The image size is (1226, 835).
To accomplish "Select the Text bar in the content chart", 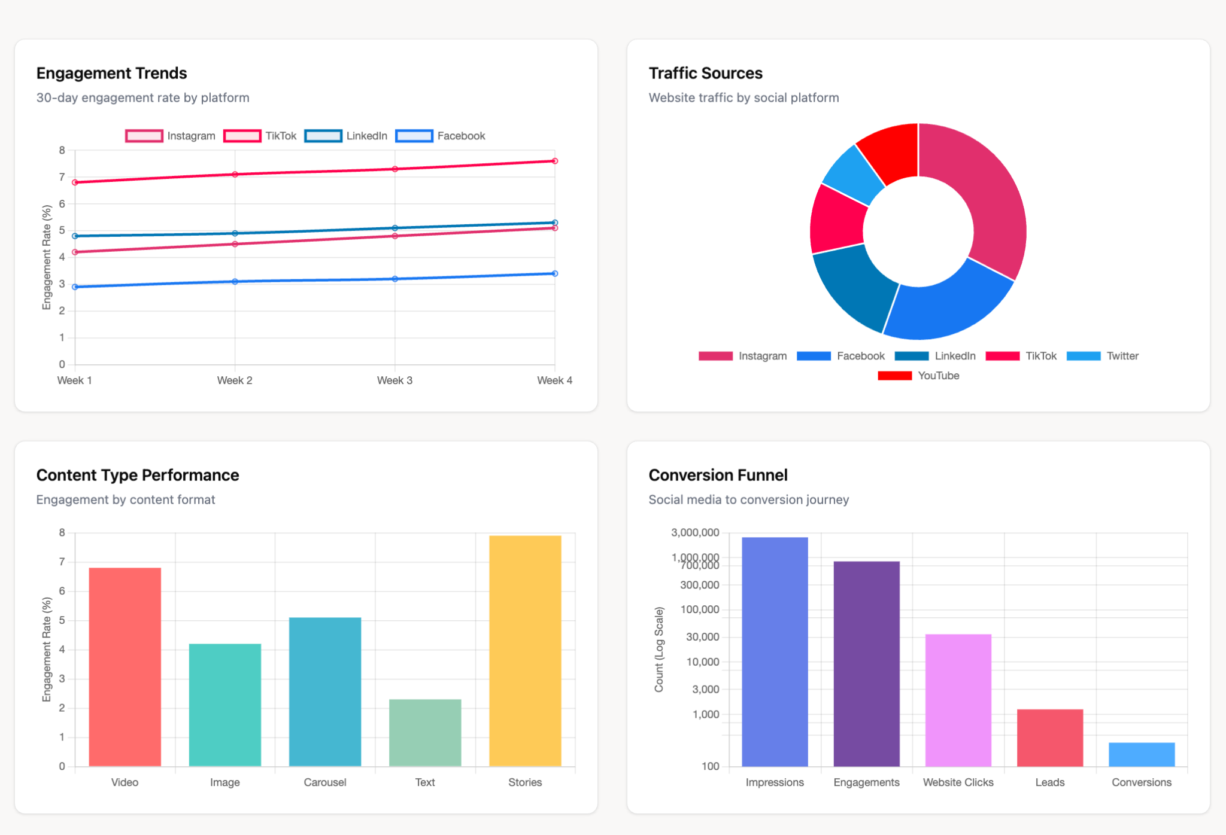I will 425,733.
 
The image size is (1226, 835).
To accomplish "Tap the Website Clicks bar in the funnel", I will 958,700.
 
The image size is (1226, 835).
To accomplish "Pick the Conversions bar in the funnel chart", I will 1141,754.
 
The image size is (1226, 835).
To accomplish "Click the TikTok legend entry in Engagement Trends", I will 260,136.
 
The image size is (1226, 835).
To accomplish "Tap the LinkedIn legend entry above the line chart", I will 346,136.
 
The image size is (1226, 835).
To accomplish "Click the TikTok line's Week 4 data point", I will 555,161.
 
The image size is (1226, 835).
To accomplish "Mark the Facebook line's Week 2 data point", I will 235,282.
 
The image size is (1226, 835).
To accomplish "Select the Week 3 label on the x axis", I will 394,380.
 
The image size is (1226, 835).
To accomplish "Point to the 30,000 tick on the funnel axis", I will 702,637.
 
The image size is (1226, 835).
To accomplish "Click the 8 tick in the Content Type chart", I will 62,532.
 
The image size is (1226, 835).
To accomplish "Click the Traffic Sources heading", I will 705,73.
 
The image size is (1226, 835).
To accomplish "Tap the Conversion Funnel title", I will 717,475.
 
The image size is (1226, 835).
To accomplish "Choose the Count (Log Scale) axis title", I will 659,650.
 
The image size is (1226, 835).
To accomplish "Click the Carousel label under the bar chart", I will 324,782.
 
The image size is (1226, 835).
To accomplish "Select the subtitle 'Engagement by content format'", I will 125,499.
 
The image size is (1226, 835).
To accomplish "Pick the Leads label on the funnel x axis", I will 1049,782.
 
